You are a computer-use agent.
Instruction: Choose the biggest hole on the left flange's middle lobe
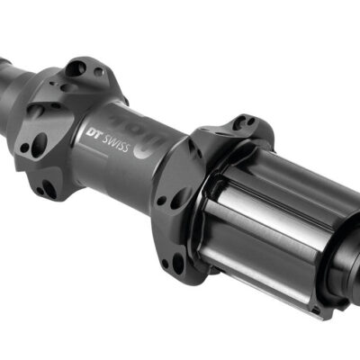tap(39, 143)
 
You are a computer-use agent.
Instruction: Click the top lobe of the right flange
tap(236, 128)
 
